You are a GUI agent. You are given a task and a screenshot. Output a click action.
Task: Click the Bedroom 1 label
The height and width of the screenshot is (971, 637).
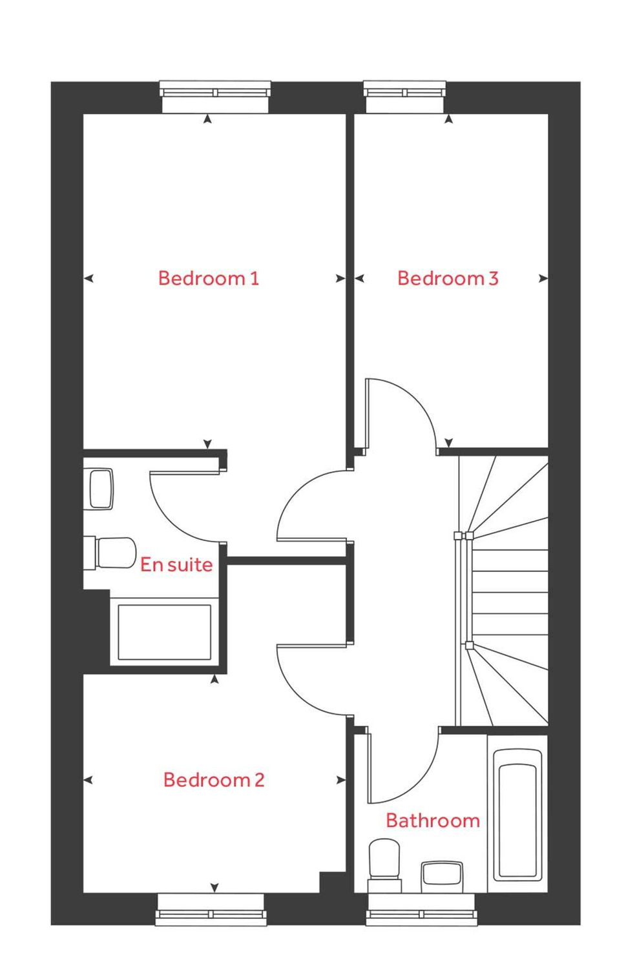click(x=208, y=278)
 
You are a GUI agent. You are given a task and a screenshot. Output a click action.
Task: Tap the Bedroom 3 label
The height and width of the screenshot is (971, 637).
click(x=448, y=278)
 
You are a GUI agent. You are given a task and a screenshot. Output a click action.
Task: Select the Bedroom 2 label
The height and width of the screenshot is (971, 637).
click(x=214, y=780)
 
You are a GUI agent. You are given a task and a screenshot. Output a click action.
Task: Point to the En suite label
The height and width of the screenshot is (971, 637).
click(x=176, y=565)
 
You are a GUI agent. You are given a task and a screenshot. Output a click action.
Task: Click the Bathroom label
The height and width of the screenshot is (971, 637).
click(x=433, y=821)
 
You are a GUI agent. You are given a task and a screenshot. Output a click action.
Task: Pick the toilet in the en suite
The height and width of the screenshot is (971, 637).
click(x=110, y=553)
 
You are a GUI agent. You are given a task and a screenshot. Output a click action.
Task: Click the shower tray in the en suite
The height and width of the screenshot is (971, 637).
click(x=164, y=633)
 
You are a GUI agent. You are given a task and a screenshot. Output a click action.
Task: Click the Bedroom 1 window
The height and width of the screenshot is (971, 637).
click(x=215, y=92)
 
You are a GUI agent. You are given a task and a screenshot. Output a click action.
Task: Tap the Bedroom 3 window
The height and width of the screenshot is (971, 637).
click(x=405, y=92)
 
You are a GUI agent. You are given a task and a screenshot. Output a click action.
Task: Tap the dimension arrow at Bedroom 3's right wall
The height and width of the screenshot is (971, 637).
click(x=543, y=278)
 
